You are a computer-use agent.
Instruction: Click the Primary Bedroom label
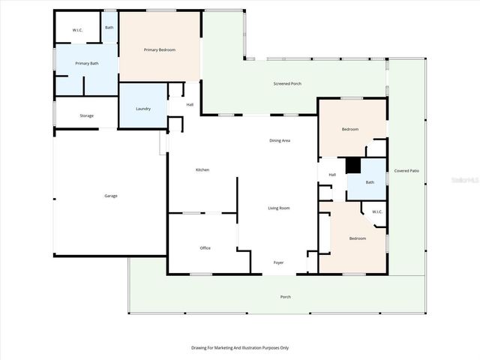pos(160,49)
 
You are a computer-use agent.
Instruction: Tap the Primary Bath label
pos(87,64)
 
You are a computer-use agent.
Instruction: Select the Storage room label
pos(87,115)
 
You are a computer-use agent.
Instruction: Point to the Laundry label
pos(143,109)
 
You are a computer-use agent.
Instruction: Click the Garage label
pos(110,196)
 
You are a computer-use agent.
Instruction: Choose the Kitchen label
pos(202,170)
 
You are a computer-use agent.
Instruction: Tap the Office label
pos(205,247)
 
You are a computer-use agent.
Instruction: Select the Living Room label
pos(279,208)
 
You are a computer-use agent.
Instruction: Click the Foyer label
pos(278,262)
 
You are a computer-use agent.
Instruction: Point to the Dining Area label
pos(280,141)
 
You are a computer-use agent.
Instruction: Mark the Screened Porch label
pos(287,83)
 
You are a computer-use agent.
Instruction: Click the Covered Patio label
pos(406,171)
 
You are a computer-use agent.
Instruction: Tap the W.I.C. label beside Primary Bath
pos(78,30)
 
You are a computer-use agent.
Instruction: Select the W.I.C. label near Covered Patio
pos(377,211)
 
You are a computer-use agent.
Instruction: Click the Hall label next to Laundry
pos(190,104)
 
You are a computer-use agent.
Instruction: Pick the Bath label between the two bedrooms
pos(370,182)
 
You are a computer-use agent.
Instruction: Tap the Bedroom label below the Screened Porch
pos(350,129)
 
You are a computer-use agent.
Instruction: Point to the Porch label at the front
pos(286,297)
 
